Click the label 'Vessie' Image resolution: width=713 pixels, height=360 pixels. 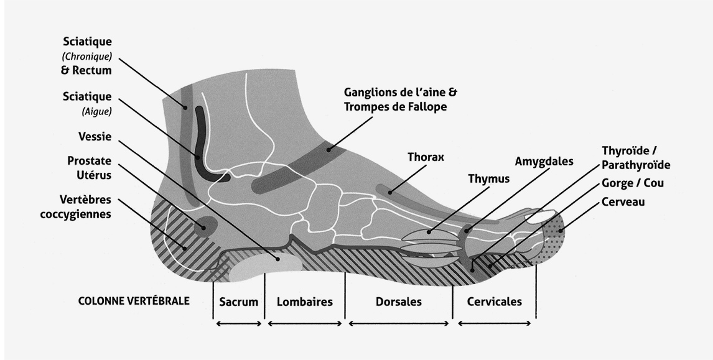pos(95,137)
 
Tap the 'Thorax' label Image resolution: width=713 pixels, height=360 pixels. pos(426,157)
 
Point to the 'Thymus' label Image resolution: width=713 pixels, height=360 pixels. pos(488,179)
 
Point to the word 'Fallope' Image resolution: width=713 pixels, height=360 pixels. pos(426,107)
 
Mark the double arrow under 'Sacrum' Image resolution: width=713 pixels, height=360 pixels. pos(239,323)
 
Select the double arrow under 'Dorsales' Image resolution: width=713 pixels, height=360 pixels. pos(399,323)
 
